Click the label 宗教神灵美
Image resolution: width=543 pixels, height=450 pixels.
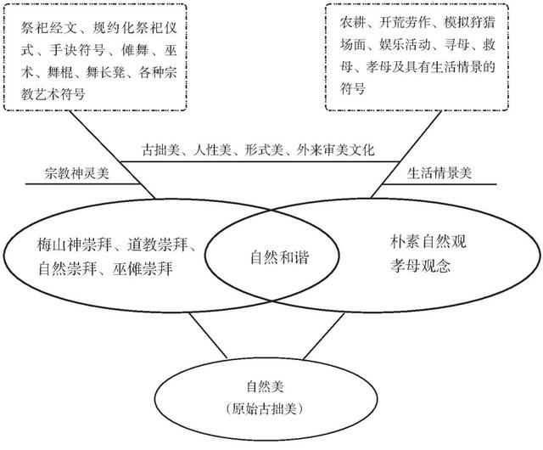click(x=77, y=173)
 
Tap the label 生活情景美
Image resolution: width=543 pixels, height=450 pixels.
click(x=439, y=173)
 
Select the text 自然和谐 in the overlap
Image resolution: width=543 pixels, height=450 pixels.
click(x=279, y=257)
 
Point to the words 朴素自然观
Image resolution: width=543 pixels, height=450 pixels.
click(x=428, y=242)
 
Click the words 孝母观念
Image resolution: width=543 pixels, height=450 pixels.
click(x=421, y=266)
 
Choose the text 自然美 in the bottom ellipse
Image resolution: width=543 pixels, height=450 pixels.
click(x=265, y=386)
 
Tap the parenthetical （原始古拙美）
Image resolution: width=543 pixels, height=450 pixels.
click(x=265, y=409)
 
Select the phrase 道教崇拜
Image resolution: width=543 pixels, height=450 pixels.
click(x=158, y=245)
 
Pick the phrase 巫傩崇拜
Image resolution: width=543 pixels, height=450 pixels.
click(x=143, y=269)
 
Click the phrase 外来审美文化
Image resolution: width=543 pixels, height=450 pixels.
click(x=335, y=150)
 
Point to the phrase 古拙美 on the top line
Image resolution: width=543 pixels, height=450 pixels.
click(x=160, y=150)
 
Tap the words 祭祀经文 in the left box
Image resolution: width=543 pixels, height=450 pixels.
click(x=48, y=28)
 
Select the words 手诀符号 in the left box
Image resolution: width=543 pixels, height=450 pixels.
click(x=77, y=50)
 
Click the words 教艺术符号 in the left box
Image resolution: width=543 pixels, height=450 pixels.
click(x=53, y=94)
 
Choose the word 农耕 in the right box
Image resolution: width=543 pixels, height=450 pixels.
click(x=353, y=23)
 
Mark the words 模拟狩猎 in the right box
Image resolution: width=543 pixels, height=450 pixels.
click(x=469, y=23)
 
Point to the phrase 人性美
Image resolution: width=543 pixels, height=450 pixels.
click(x=212, y=150)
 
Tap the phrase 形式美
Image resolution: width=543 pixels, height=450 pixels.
click(x=264, y=150)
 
